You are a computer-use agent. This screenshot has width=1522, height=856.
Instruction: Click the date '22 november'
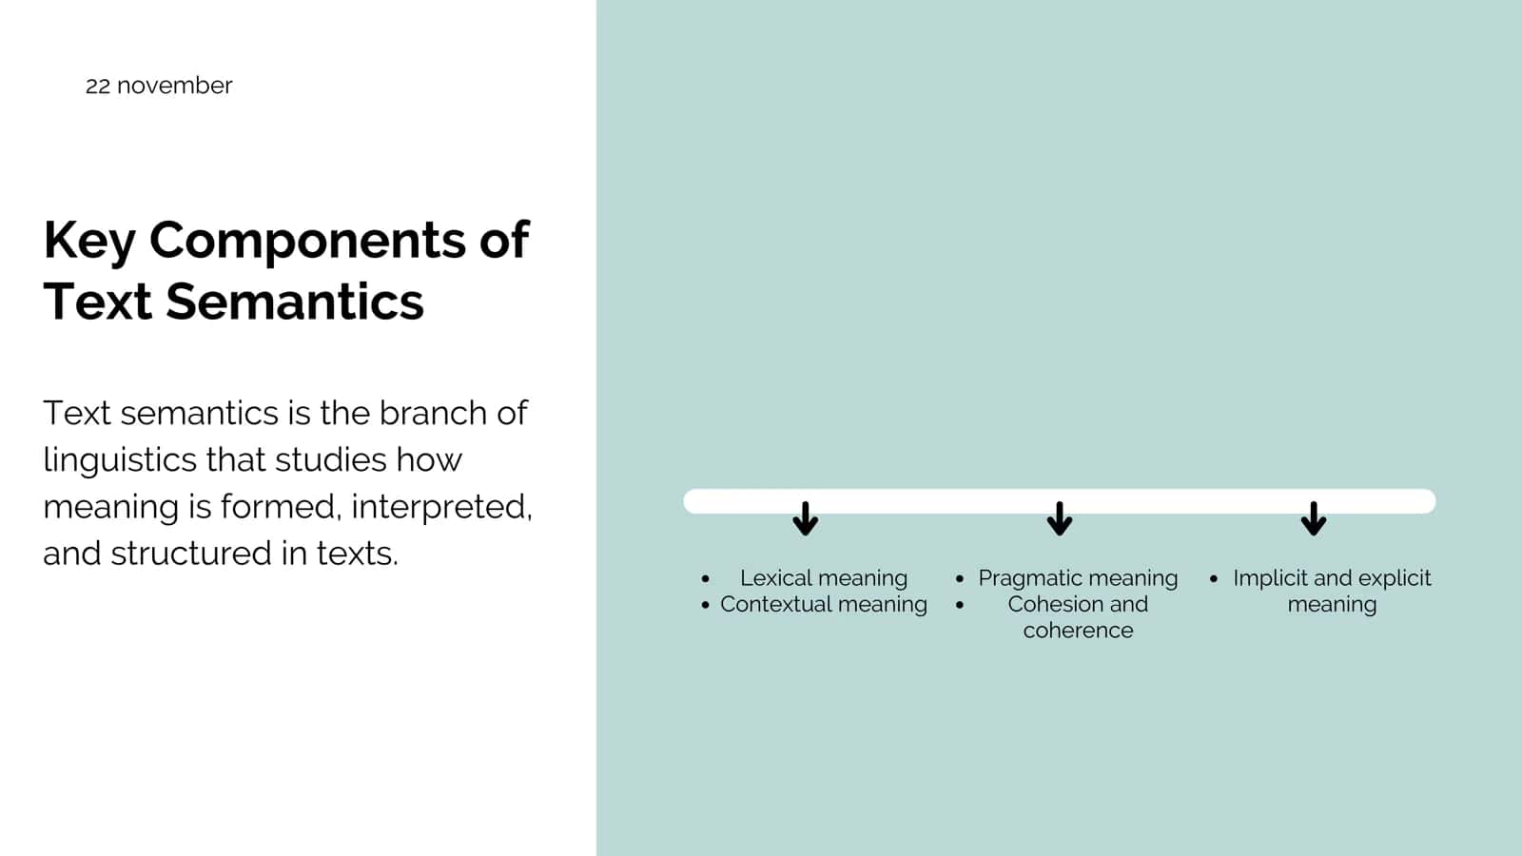tap(159, 86)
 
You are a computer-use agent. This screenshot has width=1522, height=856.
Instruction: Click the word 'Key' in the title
tap(89, 242)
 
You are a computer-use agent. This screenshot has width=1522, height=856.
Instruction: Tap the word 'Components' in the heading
tap(307, 242)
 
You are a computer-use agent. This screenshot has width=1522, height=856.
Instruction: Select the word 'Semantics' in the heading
tap(295, 301)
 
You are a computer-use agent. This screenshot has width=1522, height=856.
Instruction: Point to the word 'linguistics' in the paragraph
tap(120, 461)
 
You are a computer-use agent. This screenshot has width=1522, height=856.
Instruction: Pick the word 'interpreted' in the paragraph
tap(440, 508)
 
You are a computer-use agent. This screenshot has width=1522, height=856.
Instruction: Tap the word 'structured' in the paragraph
tap(190, 554)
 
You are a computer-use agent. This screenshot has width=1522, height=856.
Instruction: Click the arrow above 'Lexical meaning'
tap(805, 518)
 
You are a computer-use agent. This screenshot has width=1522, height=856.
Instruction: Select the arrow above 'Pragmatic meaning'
tap(1060, 518)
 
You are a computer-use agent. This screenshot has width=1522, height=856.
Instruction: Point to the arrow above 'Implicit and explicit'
tap(1314, 518)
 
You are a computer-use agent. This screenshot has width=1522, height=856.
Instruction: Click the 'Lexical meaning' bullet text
tap(824, 578)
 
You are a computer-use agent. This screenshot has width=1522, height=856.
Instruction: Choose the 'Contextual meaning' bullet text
tap(824, 604)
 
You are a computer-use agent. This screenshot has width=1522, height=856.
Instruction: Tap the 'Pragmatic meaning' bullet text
tap(1078, 578)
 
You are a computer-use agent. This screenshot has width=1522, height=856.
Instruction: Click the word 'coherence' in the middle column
tap(1079, 631)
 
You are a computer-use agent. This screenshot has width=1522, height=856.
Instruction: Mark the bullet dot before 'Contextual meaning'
tap(705, 605)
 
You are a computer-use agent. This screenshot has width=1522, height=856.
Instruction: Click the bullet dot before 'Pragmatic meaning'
tap(960, 579)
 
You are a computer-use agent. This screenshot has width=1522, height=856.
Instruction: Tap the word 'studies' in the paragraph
tap(331, 460)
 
